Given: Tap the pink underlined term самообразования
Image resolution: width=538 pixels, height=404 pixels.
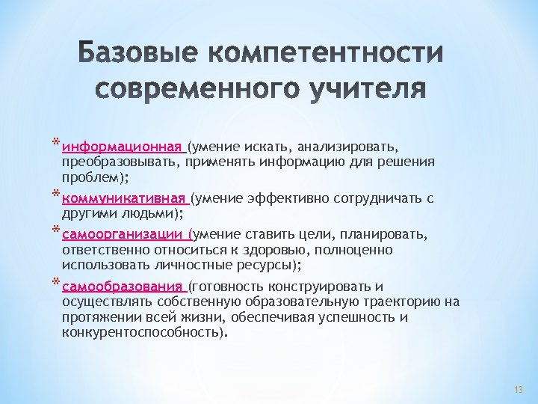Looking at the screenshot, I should click(x=123, y=287).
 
